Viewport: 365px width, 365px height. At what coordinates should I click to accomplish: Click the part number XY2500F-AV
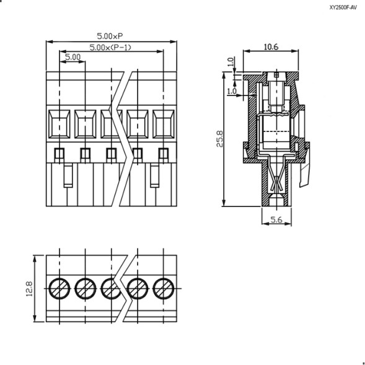[x=343, y=8]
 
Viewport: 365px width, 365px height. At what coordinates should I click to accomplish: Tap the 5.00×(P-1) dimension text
[x=111, y=47]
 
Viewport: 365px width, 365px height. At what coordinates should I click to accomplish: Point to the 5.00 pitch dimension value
[x=73, y=57]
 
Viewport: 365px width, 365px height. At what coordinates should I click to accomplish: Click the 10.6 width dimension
[x=271, y=46]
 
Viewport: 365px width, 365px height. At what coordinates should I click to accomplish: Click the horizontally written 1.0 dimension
[x=232, y=91]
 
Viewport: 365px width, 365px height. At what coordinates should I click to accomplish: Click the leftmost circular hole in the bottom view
[x=59, y=288]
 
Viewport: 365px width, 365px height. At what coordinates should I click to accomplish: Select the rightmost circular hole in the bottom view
[x=164, y=288]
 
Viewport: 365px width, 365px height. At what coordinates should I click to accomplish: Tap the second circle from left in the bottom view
[x=85, y=288]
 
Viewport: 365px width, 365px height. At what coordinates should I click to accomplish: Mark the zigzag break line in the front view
[x=126, y=139]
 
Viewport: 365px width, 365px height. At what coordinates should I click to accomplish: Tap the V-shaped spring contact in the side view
[x=276, y=182]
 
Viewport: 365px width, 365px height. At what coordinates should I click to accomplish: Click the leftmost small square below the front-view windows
[x=59, y=154]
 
